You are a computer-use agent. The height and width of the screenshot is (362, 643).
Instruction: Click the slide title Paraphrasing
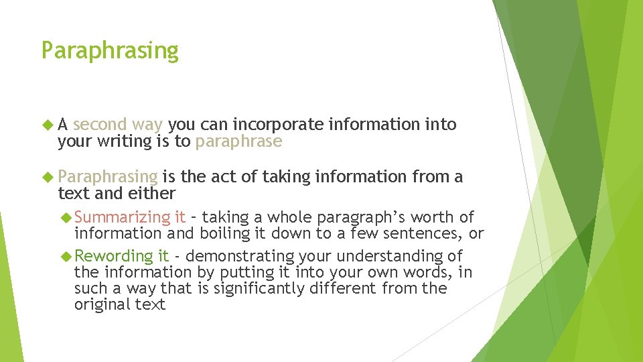(x=110, y=51)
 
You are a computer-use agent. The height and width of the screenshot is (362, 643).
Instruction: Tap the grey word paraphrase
(x=238, y=141)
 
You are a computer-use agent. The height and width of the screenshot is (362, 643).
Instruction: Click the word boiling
(x=223, y=233)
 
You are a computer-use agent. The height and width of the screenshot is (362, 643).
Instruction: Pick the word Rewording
(x=114, y=256)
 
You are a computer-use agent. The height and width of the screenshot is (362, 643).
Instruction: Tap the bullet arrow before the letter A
(x=48, y=125)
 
